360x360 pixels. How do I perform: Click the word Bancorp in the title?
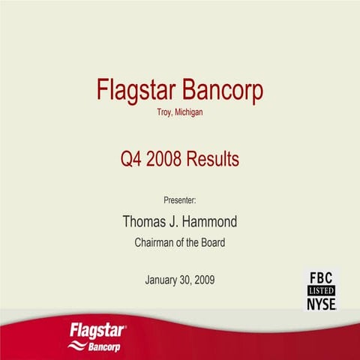223,91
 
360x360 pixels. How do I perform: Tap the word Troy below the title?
163,113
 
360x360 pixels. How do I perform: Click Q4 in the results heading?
134,159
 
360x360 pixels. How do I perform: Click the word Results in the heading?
214,159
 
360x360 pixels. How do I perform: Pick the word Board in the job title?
211,243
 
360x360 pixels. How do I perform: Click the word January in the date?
163,280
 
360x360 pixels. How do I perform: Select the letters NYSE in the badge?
320,303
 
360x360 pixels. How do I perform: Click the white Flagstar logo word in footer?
97,330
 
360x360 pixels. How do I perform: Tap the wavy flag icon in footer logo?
76,346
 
